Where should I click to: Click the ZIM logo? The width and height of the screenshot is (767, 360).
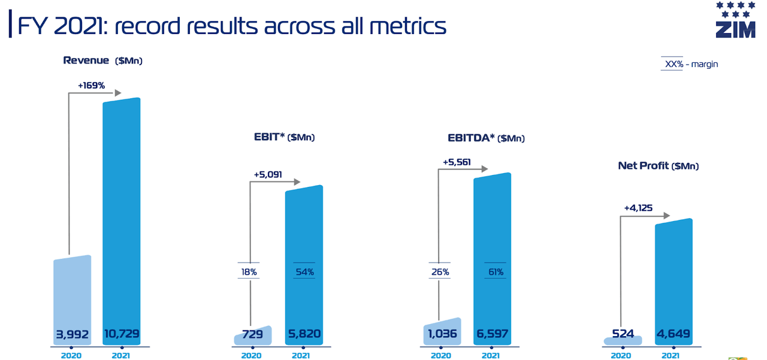pos(735,21)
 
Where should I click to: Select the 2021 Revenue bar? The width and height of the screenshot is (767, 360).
pos(122,222)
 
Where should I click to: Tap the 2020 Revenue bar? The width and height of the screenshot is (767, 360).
pos(72,300)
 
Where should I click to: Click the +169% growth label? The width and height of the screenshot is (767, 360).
pos(91,86)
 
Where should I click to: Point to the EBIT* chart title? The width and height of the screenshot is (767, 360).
pos(284,137)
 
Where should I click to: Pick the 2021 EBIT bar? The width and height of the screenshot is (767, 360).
pos(304,264)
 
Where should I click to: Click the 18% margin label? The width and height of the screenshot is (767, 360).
pos(249,272)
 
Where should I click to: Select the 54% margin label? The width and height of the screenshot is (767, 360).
pos(304,272)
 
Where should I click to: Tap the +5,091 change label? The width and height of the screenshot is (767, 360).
pos(267,175)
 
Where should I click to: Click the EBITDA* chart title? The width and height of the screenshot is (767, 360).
pos(486,138)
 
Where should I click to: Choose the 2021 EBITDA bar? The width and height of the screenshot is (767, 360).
pos(492,258)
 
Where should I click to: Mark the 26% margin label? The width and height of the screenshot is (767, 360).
pos(440,272)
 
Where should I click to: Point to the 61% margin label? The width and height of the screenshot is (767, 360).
pos(495,272)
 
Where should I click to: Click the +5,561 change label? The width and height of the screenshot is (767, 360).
pos(457,162)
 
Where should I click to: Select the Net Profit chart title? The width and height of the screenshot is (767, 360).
pos(658,166)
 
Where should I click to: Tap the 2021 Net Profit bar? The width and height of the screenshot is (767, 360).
pos(674,282)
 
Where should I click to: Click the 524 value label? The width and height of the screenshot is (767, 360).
pos(623,334)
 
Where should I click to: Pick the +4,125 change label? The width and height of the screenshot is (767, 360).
pos(638,208)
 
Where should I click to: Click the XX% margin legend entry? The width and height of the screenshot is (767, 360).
pos(689,64)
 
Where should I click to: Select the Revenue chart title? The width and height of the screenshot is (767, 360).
pos(102,60)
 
